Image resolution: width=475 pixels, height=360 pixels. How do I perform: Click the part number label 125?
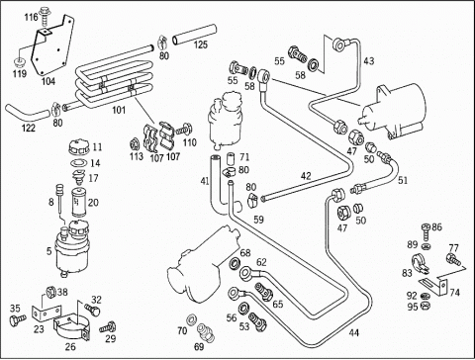tap(201, 45)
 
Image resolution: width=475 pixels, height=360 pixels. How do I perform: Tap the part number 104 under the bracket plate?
tap(48, 81)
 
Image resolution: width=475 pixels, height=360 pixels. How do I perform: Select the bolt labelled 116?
tap(44, 16)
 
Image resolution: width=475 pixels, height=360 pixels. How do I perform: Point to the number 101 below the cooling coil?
tap(119, 110)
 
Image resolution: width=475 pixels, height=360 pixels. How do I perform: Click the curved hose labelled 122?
tap(27, 114)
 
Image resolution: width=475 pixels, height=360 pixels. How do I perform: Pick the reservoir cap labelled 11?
tap(78, 147)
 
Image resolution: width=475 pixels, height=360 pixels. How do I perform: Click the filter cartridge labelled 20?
tap(78, 202)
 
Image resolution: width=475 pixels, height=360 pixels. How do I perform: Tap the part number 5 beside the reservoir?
tap(49, 251)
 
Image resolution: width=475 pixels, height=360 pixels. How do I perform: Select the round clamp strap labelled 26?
tap(72, 327)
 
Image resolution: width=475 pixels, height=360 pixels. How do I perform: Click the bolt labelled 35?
tap(18, 319)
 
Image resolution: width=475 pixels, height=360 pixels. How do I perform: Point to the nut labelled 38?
tap(50, 292)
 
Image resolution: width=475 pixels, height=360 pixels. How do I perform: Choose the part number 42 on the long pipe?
tap(306, 176)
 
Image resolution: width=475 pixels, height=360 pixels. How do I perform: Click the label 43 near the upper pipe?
tap(369, 61)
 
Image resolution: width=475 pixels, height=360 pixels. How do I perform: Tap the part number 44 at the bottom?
tap(353, 333)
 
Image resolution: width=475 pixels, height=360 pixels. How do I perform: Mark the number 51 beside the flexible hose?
tap(403, 180)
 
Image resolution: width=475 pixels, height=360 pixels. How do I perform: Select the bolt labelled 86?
tap(426, 233)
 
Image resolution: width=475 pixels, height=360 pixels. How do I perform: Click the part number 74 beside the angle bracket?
tap(454, 292)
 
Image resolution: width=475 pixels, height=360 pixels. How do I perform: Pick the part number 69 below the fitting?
tap(199, 346)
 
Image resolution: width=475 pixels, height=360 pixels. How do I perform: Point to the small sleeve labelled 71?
tap(231, 159)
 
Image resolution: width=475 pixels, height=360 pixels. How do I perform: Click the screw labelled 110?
tap(183, 129)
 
